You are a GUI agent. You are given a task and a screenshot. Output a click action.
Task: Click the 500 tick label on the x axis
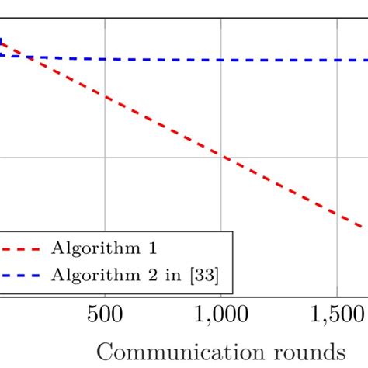[x=105, y=315]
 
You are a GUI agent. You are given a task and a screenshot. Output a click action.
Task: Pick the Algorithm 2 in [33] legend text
[x=141, y=274]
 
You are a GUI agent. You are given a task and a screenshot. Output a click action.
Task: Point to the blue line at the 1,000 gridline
[x=221, y=60]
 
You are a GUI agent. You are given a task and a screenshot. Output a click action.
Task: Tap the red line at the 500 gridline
[x=106, y=98]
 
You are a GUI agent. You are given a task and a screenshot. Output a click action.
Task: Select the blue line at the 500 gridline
[x=106, y=59]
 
